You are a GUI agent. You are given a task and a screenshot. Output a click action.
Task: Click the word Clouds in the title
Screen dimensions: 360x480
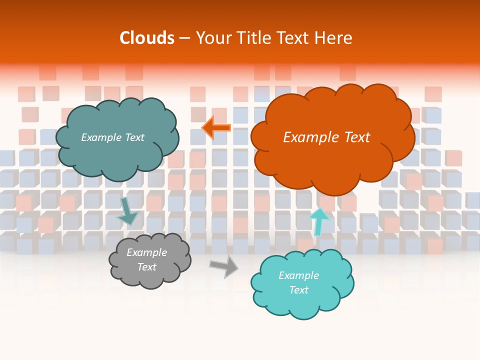[147, 38]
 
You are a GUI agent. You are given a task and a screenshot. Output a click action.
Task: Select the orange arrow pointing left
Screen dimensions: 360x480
[216, 128]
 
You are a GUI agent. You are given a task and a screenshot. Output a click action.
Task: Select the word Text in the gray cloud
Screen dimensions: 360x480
[146, 267]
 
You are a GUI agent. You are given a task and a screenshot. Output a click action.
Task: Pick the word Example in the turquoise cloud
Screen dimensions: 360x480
[298, 275]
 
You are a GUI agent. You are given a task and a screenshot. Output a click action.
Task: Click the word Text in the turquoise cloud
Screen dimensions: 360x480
[298, 290]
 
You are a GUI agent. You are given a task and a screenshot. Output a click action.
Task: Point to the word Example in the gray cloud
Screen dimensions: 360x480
[146, 252]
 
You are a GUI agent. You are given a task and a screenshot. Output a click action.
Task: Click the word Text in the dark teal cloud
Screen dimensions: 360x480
[134, 137]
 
